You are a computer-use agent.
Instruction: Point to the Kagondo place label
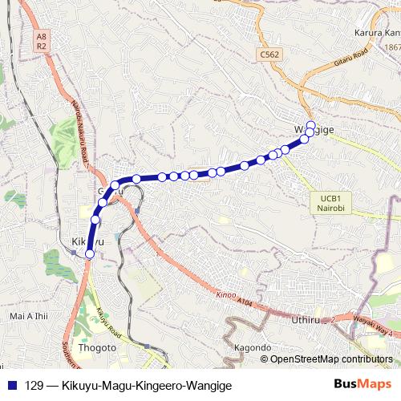click(251, 347)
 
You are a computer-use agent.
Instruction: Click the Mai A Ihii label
click(28, 316)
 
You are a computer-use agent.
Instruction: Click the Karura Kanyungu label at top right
click(376, 33)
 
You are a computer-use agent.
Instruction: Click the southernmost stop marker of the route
click(89, 254)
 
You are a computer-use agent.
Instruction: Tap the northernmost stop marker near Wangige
click(311, 124)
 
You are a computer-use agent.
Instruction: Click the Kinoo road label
click(225, 294)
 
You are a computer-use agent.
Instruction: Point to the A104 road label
click(245, 301)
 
